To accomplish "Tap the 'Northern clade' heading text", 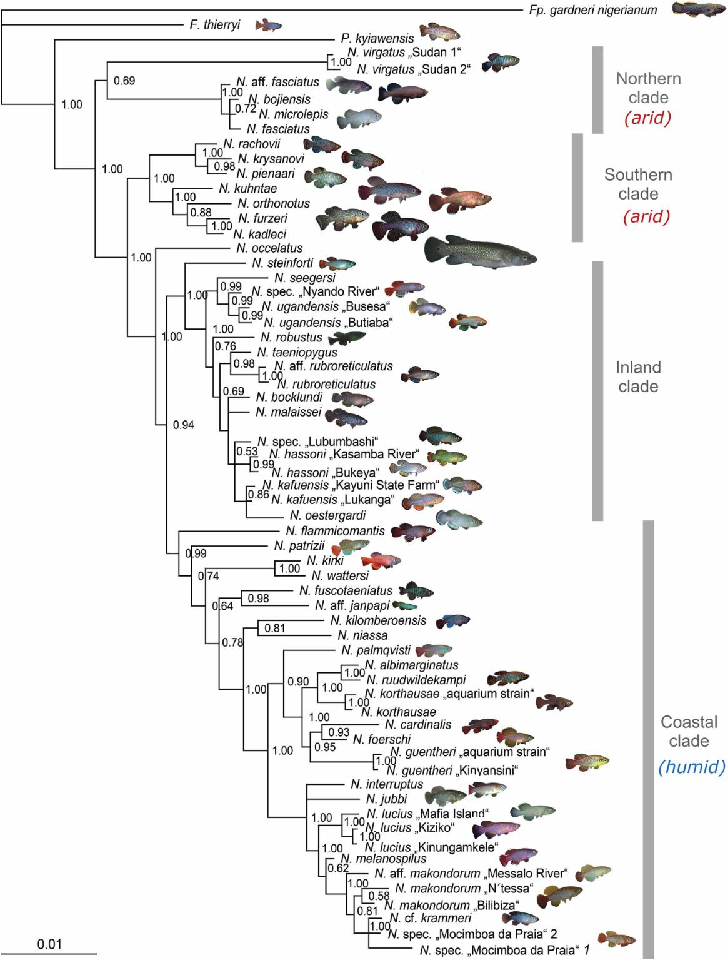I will [650, 88].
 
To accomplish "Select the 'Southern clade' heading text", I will [639, 184].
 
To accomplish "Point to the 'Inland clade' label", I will [639, 377].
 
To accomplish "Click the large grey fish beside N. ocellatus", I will [480, 253].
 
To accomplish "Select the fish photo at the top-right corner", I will [697, 11].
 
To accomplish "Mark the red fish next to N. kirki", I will [379, 560].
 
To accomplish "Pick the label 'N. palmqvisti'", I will [374, 650].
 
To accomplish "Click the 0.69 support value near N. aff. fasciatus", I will [123, 81].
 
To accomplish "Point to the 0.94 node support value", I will [183, 425].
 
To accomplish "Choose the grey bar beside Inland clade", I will [597, 391].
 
